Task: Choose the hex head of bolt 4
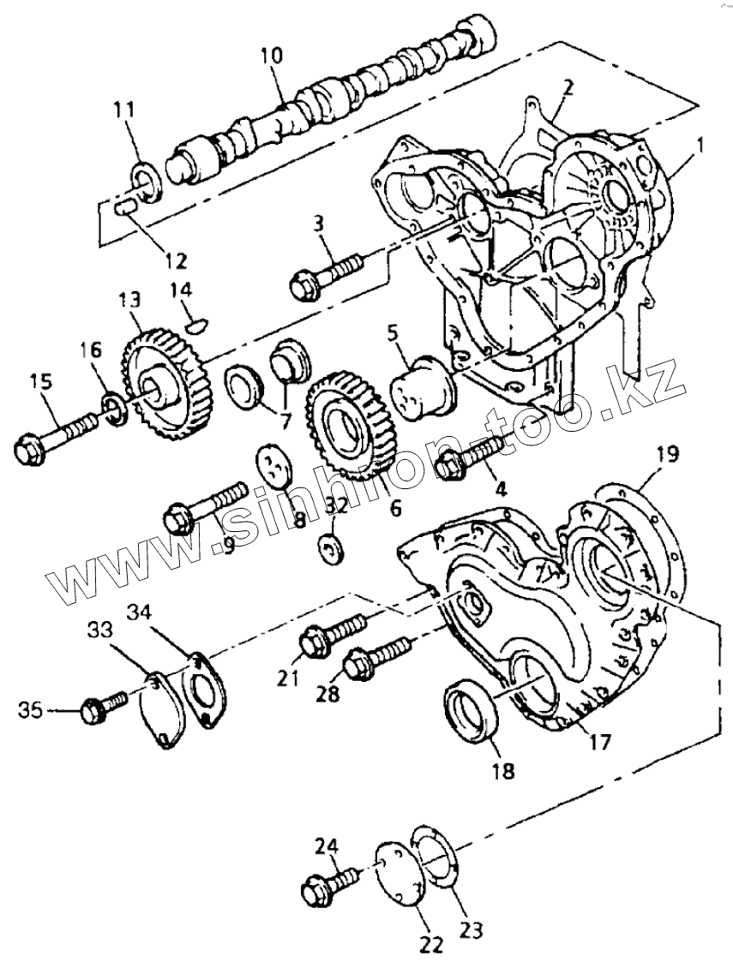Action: pyautogui.click(x=449, y=467)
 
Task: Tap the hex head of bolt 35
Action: pyautogui.click(x=91, y=711)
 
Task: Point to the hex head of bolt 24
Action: pyautogui.click(x=315, y=891)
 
